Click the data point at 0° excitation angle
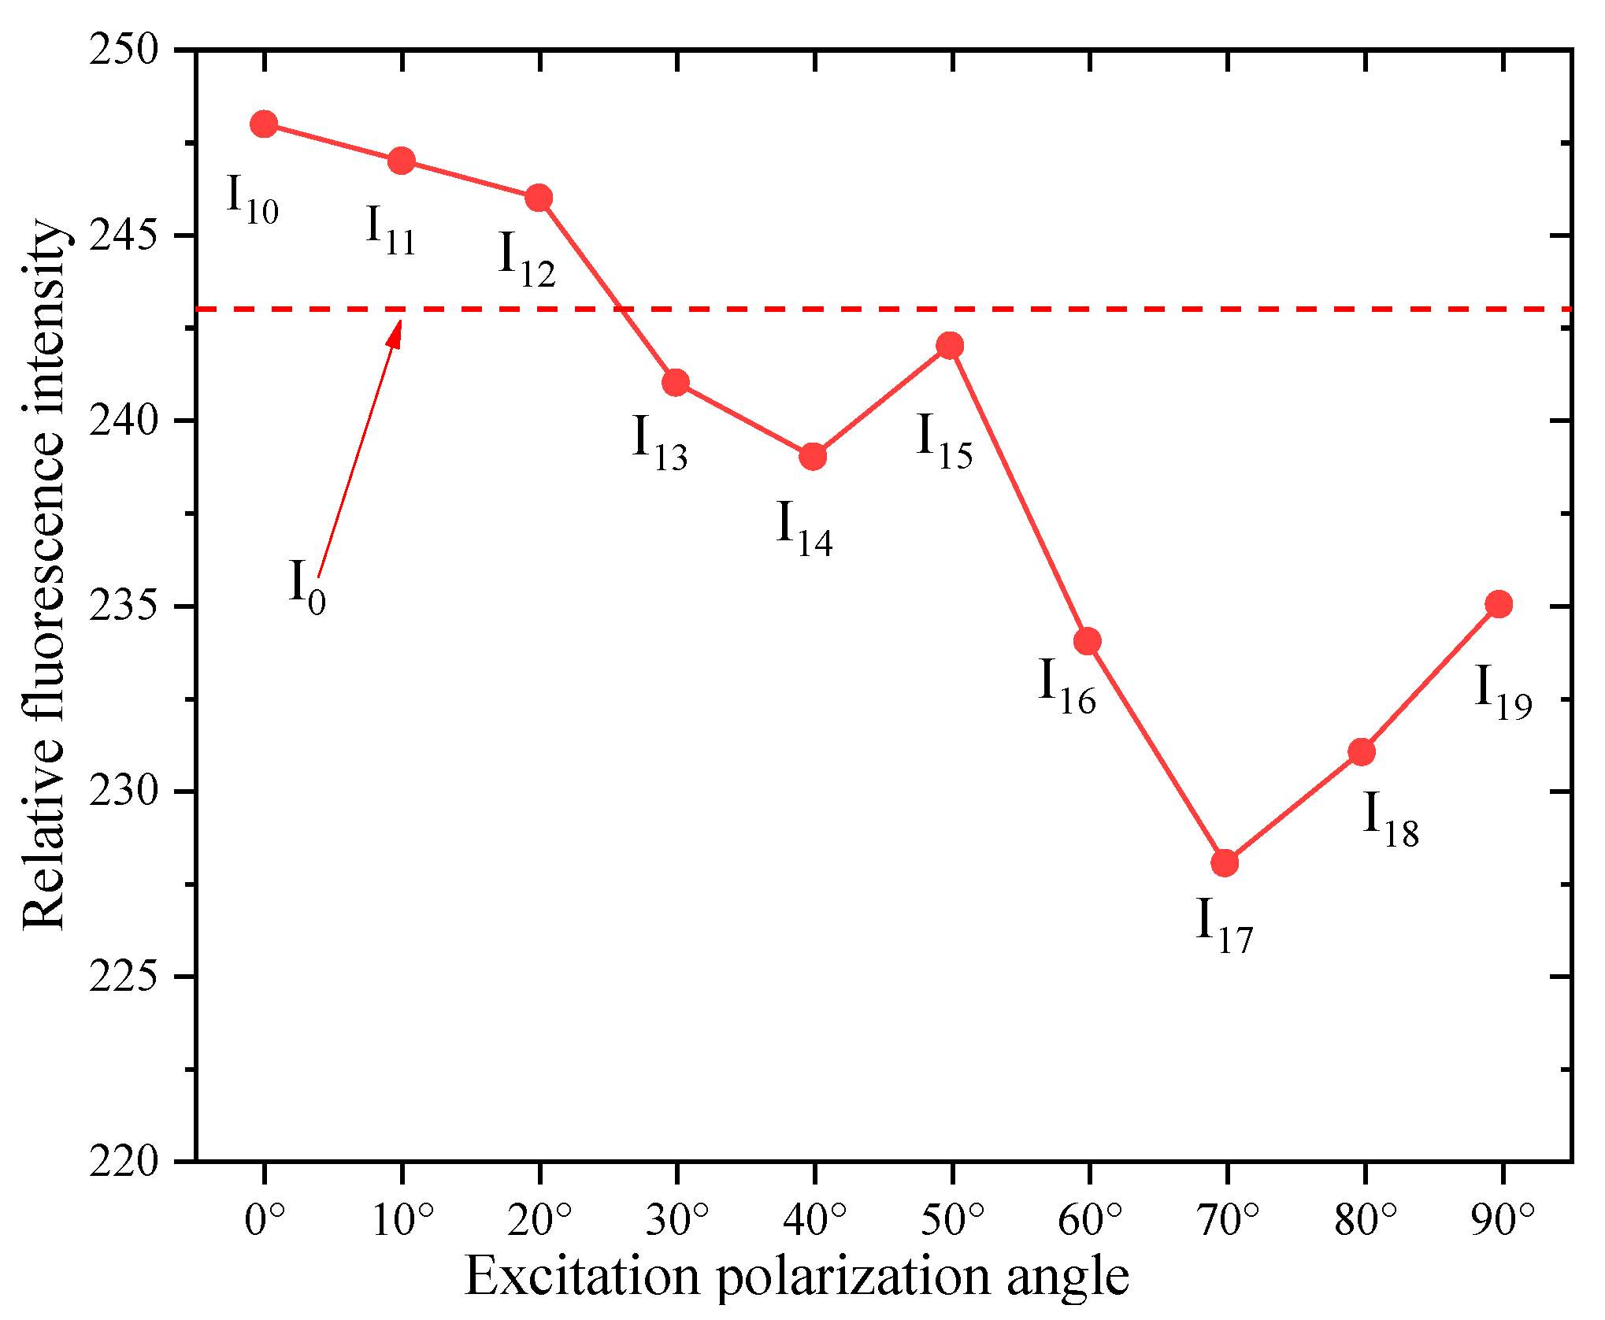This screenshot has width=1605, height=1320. click(x=264, y=124)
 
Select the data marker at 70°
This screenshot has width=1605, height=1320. click(x=1225, y=863)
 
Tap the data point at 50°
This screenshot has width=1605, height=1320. click(x=950, y=346)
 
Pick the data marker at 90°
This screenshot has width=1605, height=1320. click(x=1499, y=604)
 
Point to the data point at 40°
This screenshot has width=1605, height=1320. click(x=813, y=456)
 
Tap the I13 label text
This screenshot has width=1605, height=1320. click(x=660, y=443)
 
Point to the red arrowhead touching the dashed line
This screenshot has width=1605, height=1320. click(x=395, y=331)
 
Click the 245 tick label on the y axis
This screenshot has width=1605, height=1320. click(x=123, y=235)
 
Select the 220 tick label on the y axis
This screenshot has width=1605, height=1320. click(x=123, y=1161)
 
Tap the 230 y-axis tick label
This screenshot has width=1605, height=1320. click(x=123, y=791)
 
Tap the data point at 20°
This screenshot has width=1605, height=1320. click(x=539, y=198)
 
